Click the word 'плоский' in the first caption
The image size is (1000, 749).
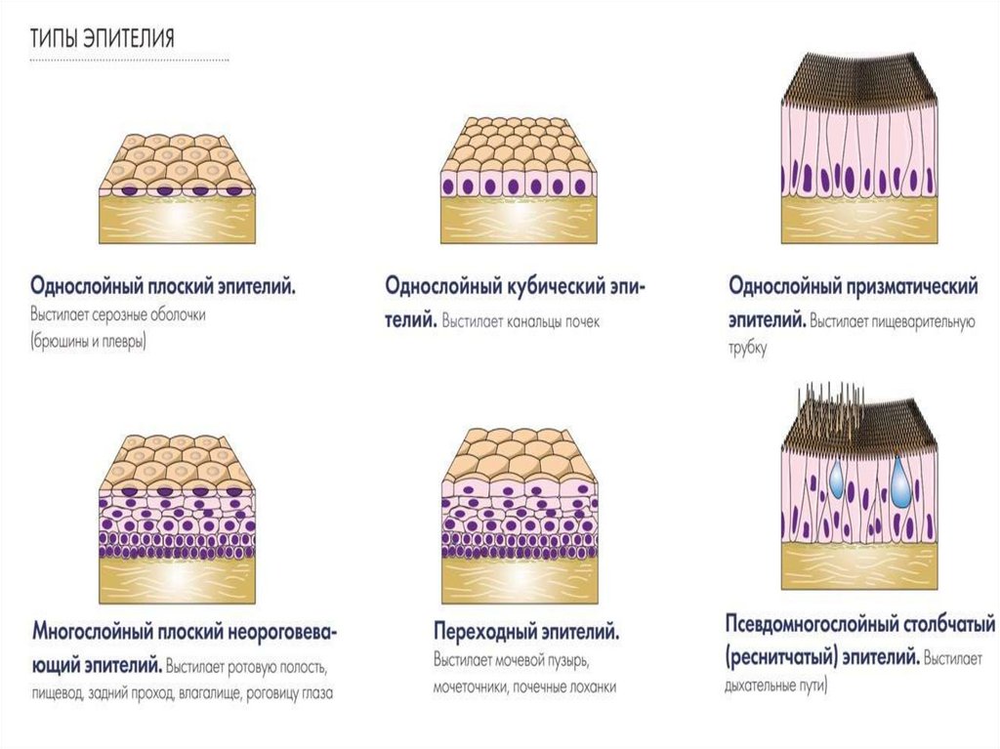[x=178, y=287]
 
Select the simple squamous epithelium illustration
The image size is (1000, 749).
[x=176, y=186]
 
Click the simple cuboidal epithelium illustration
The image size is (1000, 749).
[x=518, y=181]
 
